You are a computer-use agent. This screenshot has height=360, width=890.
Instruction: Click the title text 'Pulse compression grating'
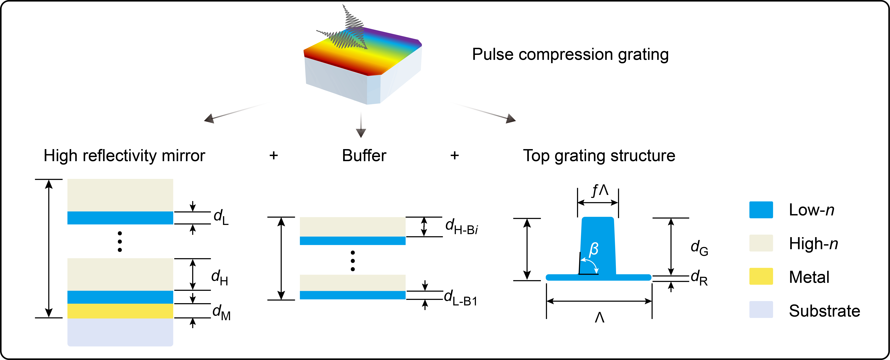coord(570,55)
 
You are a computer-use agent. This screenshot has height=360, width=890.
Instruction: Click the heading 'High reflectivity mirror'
coord(124,156)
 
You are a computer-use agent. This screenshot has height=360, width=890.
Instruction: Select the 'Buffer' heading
coord(364,156)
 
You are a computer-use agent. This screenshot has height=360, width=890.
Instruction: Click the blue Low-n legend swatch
coord(761,210)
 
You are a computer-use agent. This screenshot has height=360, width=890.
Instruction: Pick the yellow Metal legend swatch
coord(761,276)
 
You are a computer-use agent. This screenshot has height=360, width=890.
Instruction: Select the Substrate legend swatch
coord(761,309)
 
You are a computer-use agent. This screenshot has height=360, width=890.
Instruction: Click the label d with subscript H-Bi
coord(461,227)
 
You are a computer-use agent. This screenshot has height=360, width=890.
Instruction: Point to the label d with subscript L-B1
coord(460,298)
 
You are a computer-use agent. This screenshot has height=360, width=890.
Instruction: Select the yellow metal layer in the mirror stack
coord(120,311)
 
